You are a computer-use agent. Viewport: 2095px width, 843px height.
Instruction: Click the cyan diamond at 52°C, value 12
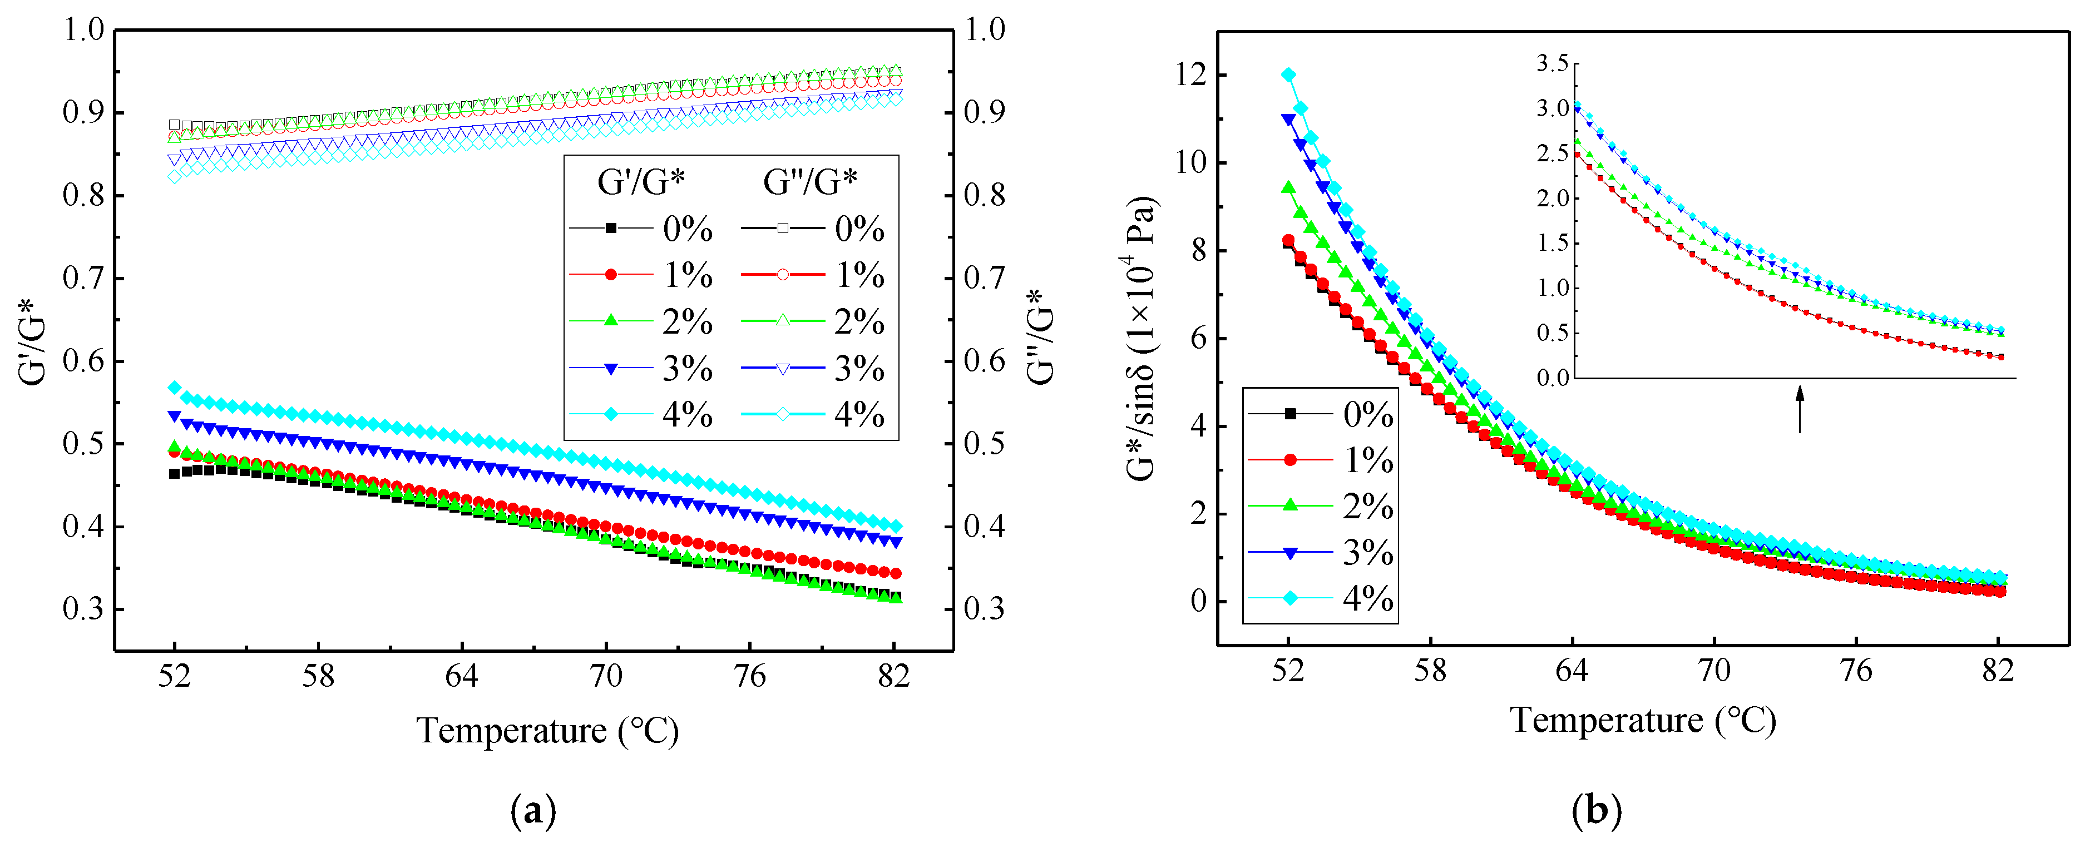tap(1288, 75)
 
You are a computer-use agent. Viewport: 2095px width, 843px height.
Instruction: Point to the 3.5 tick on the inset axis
tap(1552, 63)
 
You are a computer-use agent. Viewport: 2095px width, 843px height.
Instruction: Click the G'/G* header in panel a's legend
tap(641, 182)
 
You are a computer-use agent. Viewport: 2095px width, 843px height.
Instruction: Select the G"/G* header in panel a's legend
tap(810, 182)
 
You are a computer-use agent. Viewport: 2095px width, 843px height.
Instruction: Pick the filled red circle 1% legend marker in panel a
tap(611, 275)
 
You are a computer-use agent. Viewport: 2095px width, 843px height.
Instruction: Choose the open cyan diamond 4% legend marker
tap(782, 415)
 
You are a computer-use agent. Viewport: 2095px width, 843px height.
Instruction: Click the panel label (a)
tap(533, 811)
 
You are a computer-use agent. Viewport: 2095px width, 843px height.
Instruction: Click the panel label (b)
tap(1597, 811)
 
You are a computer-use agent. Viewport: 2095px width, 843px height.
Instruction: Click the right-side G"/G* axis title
tap(1040, 336)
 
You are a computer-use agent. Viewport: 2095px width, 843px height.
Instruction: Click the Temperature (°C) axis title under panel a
tap(547, 730)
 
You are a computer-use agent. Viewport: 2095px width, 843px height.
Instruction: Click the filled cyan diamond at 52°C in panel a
tap(174, 388)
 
